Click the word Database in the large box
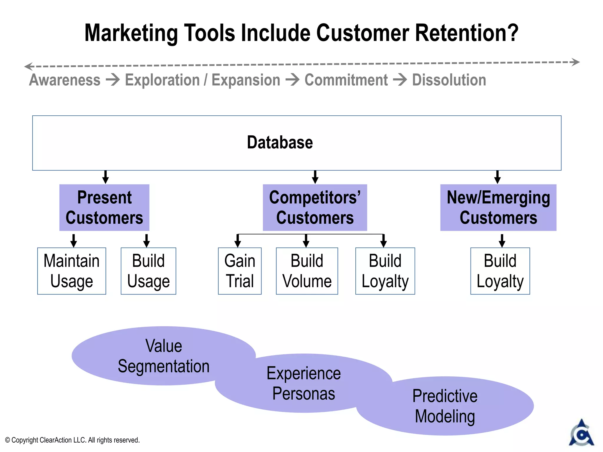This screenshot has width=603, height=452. pyautogui.click(x=280, y=143)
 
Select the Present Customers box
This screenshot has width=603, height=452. pyautogui.click(x=104, y=207)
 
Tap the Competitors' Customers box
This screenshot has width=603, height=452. pyautogui.click(x=315, y=207)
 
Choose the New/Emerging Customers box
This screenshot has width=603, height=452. pyautogui.click(x=498, y=207)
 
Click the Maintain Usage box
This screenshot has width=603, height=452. pyautogui.click(x=72, y=271)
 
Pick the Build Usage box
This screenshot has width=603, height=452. pyautogui.click(x=148, y=271)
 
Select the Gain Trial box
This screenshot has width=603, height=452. pyautogui.click(x=240, y=271)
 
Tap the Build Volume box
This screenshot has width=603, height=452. pyautogui.click(x=307, y=271)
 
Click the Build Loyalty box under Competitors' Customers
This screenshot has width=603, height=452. pyautogui.click(x=385, y=271)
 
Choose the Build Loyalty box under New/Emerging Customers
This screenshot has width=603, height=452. pyautogui.click(x=500, y=271)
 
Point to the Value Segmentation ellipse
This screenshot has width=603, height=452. pyautogui.click(x=163, y=356)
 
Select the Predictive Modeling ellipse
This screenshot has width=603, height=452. pyautogui.click(x=445, y=406)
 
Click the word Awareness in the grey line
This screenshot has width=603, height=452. pyautogui.click(x=65, y=80)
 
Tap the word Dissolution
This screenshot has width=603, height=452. pyautogui.click(x=449, y=80)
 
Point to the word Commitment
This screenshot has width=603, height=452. pyautogui.click(x=346, y=80)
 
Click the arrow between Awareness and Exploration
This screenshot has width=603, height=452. pyautogui.click(x=113, y=80)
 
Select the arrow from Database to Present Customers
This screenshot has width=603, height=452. pyautogui.click(x=105, y=177)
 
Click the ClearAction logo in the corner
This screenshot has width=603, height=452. pyautogui.click(x=581, y=433)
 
